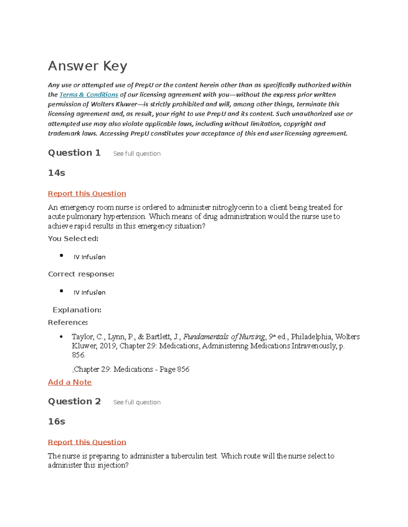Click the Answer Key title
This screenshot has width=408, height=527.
pyautogui.click(x=87, y=66)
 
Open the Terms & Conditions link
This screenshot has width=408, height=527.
pyautogui.click(x=89, y=95)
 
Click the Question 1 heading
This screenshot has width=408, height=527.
pyautogui.click(x=74, y=153)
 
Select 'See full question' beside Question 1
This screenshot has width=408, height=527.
pyautogui.click(x=137, y=154)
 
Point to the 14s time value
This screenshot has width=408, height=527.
pyautogui.click(x=56, y=173)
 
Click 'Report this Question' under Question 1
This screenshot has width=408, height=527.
pyautogui.click(x=87, y=193)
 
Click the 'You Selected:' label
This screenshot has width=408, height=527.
pyautogui.click(x=73, y=239)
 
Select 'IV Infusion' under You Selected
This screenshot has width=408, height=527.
pyautogui.click(x=89, y=257)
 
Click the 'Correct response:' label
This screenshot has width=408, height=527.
pyautogui.click(x=81, y=274)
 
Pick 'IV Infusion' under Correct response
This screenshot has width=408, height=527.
pyautogui.click(x=89, y=293)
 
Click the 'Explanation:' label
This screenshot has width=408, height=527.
pyautogui.click(x=77, y=310)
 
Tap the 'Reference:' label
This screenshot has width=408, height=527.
pyautogui.click(x=68, y=322)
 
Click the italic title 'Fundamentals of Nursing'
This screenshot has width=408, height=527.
pyautogui.click(x=224, y=337)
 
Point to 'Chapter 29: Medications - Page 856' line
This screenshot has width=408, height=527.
pyautogui.click(x=131, y=369)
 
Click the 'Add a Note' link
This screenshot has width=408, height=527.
pyautogui.click(x=70, y=382)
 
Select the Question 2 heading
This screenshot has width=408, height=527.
pyautogui.click(x=74, y=401)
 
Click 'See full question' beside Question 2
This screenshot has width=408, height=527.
pyautogui.click(x=137, y=402)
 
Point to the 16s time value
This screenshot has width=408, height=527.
pyautogui.click(x=56, y=421)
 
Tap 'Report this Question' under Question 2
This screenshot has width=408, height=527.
pyautogui.click(x=87, y=442)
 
